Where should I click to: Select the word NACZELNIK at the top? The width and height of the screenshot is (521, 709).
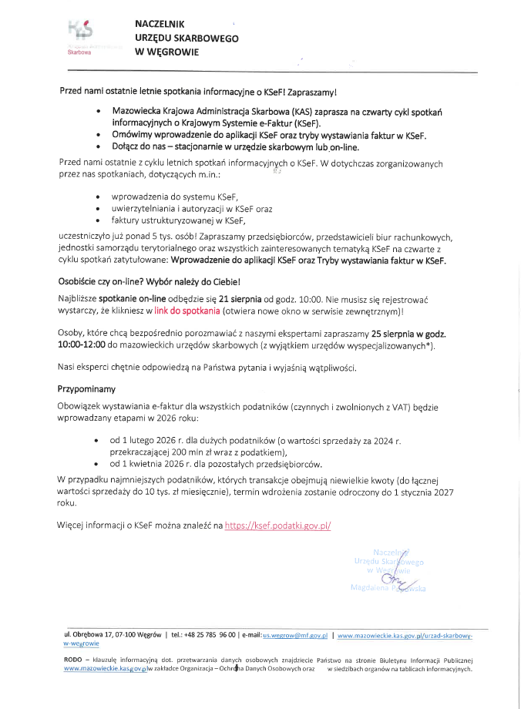pyautogui.click(x=160, y=25)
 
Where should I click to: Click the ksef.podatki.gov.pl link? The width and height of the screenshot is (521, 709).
pyautogui.click(x=277, y=526)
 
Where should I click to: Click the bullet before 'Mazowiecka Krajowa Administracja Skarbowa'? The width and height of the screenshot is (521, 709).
pyautogui.click(x=98, y=112)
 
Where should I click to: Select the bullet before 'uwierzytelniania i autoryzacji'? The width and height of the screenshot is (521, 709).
pyautogui.click(x=98, y=209)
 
